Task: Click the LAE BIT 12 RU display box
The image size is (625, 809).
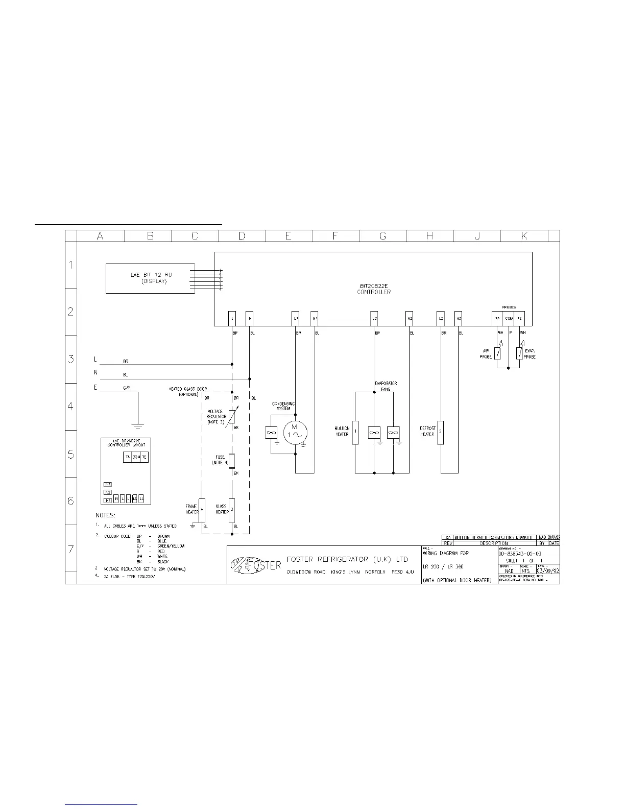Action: pyautogui.click(x=150, y=278)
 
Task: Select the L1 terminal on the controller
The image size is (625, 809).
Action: pyautogui.click(x=296, y=318)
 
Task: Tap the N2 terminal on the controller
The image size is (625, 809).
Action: pyautogui.click(x=410, y=318)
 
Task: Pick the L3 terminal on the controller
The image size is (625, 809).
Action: pyautogui.click(x=441, y=318)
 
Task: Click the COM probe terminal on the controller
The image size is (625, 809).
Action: pyautogui.click(x=509, y=318)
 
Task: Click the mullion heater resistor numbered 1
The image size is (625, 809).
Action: pyautogui.click(x=355, y=433)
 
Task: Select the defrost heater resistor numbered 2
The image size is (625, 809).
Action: pyautogui.click(x=441, y=433)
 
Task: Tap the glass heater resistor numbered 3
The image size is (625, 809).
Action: pyautogui.click(x=232, y=509)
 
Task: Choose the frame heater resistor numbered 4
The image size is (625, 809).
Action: pyautogui.click(x=202, y=510)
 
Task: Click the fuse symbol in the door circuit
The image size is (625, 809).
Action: pyautogui.click(x=232, y=461)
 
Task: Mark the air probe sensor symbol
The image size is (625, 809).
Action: pyautogui.click(x=498, y=353)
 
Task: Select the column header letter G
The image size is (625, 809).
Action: pyautogui.click(x=383, y=235)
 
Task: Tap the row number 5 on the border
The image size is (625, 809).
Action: pyautogui.click(x=71, y=454)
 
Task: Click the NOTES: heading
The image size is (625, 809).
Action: pyautogui.click(x=105, y=515)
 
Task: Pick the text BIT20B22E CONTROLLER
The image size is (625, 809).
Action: pyautogui.click(x=374, y=289)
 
